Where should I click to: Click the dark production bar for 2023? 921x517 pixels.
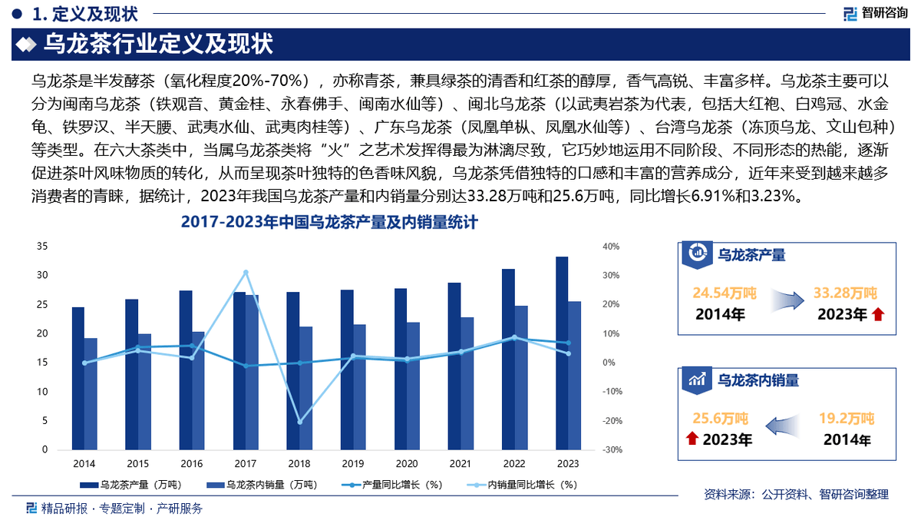[x=562, y=353]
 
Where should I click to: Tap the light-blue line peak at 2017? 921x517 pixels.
[x=246, y=273]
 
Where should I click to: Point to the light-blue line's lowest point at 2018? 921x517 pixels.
[x=299, y=422]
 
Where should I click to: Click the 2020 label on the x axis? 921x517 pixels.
[x=407, y=464]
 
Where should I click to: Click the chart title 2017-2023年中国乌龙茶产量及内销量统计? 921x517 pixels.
[x=329, y=224]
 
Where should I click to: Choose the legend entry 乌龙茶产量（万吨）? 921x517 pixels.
[x=130, y=485]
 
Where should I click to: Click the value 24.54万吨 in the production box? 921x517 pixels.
[x=725, y=293]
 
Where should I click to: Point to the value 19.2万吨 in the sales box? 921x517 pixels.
[x=846, y=419]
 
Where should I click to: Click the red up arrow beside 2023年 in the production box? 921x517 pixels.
[x=878, y=314]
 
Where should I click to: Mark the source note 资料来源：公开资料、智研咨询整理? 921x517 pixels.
[x=796, y=494]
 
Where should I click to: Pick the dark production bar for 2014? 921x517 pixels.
[x=78, y=379]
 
